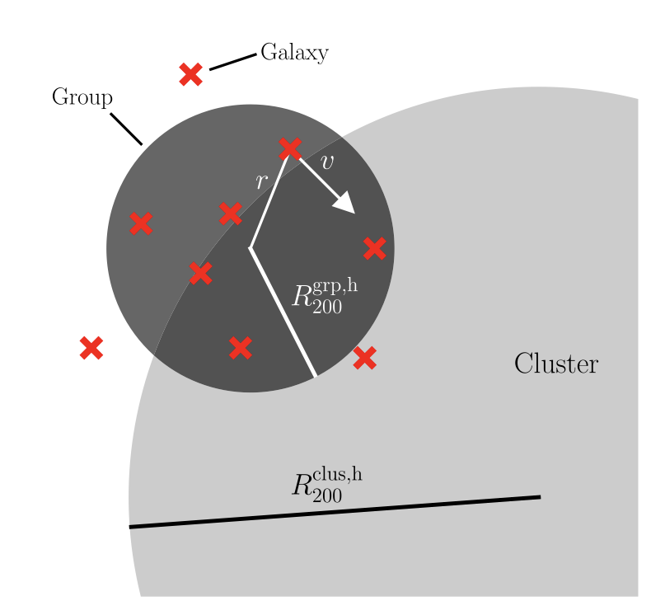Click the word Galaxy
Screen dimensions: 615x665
(294, 54)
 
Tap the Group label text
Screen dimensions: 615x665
(82, 97)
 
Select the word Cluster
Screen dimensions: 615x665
(555, 364)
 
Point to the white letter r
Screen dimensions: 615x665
(261, 181)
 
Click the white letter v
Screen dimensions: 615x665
(327, 162)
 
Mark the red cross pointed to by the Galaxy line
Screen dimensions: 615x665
(190, 74)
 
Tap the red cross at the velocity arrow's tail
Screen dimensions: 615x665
(290, 149)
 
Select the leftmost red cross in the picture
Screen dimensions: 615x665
(91, 348)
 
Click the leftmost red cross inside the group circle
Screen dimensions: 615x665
(141, 223)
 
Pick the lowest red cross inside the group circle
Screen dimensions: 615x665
(240, 348)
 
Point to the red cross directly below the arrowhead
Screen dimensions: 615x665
(374, 247)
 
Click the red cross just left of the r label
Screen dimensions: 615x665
(230, 214)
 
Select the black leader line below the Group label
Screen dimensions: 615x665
(126, 129)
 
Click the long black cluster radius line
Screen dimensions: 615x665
(335, 512)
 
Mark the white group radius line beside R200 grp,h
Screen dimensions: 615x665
(283, 313)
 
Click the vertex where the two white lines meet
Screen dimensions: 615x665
(251, 247)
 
